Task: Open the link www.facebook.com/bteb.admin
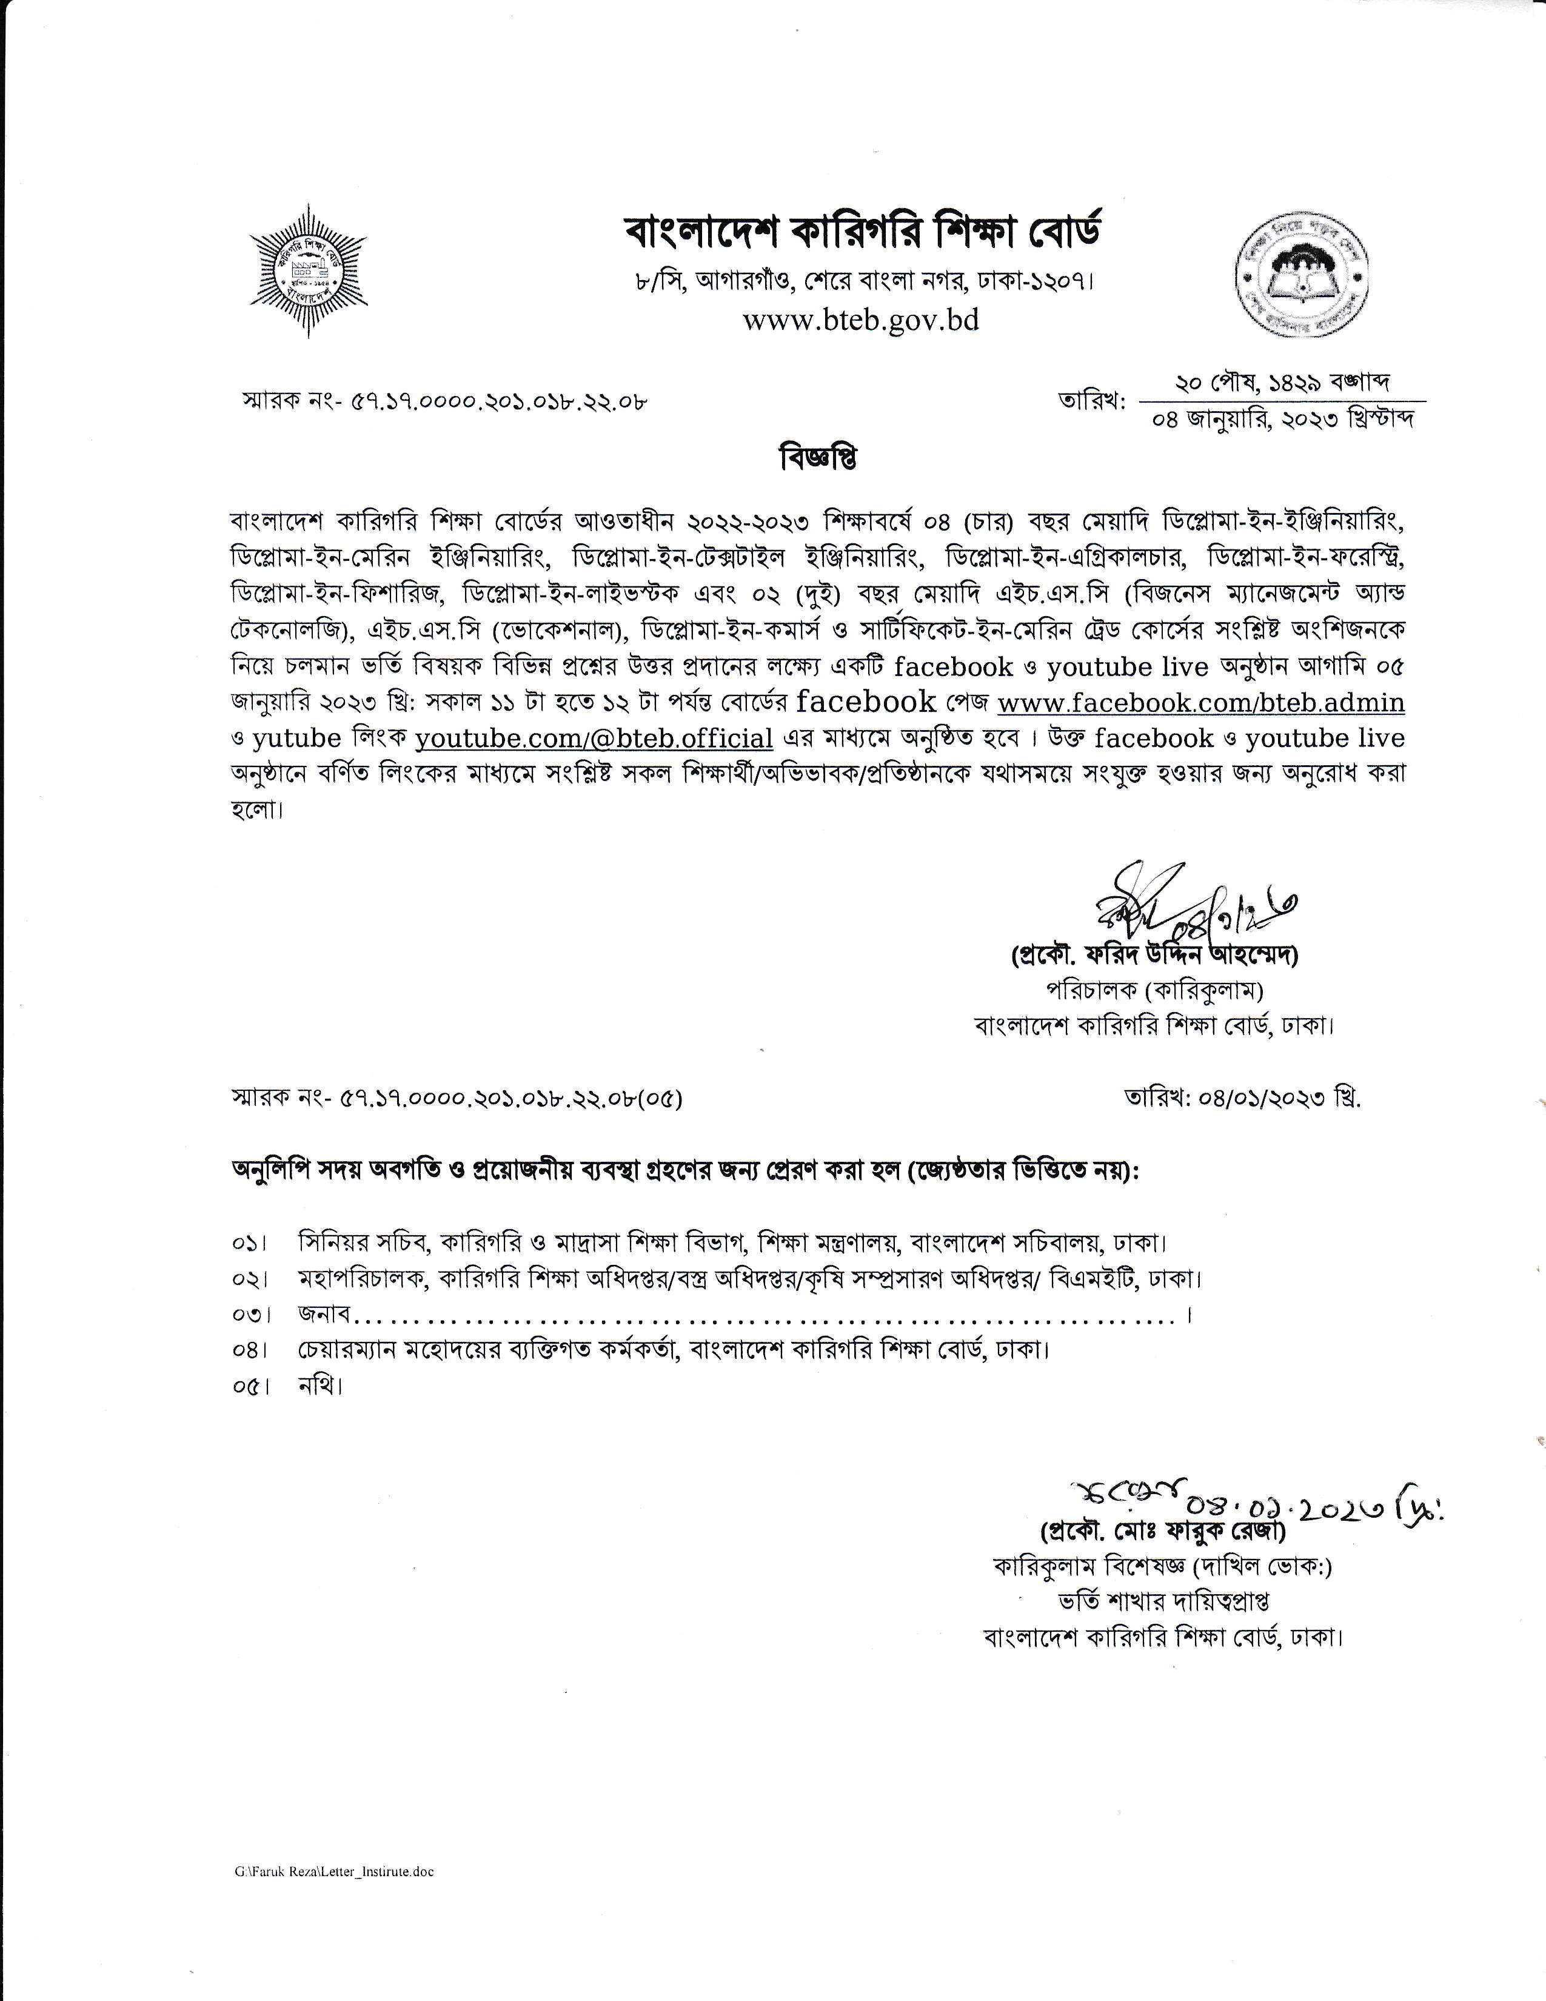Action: click(1200, 703)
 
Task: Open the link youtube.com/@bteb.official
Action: click(594, 737)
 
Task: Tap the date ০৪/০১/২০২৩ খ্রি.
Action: click(1243, 1099)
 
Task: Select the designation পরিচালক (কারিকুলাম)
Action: click(1155, 990)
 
